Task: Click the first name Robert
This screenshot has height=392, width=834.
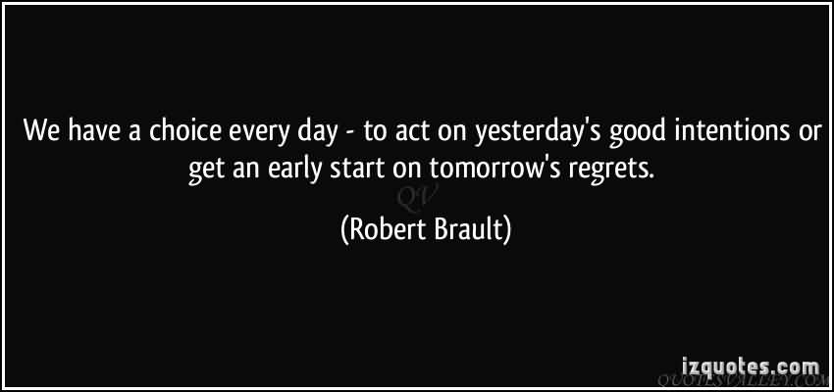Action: click(379, 230)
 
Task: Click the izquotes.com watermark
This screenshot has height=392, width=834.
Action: click(751, 367)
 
